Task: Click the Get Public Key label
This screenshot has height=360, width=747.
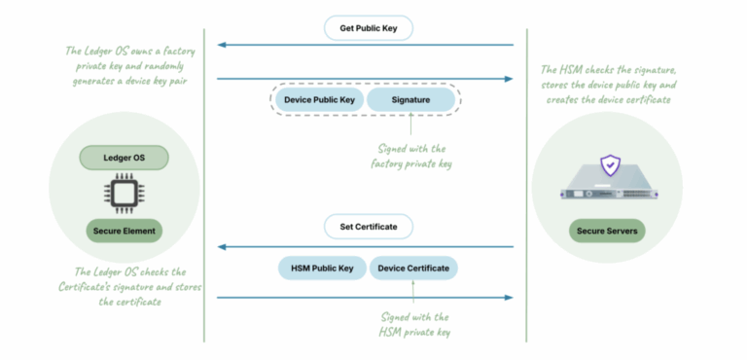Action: (x=368, y=28)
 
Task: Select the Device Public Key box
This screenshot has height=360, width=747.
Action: (x=319, y=100)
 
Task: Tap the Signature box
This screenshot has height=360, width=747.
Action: (x=410, y=100)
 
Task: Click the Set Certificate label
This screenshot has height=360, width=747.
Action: (x=368, y=227)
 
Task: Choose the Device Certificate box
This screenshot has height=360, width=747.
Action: (x=413, y=268)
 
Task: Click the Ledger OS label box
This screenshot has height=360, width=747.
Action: (x=124, y=157)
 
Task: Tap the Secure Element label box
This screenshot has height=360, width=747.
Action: (x=124, y=231)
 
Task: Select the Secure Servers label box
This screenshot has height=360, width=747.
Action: (x=608, y=231)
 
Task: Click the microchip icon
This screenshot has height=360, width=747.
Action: (x=124, y=193)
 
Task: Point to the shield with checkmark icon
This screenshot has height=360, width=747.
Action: (x=609, y=164)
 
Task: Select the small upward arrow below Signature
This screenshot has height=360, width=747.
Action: (x=410, y=125)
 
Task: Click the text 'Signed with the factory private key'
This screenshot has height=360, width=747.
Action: (x=411, y=157)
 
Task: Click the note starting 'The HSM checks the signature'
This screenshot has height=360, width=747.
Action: (x=608, y=86)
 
